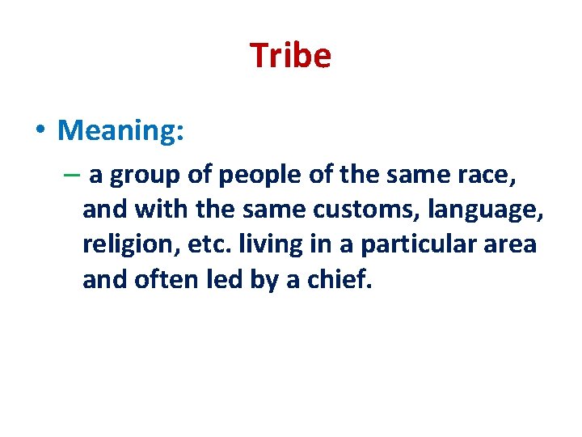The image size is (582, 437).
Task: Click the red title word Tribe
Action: coord(290,56)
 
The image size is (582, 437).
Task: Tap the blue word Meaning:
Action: coord(121,129)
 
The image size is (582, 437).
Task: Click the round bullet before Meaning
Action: coord(40,130)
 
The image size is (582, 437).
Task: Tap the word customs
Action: coord(382,209)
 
